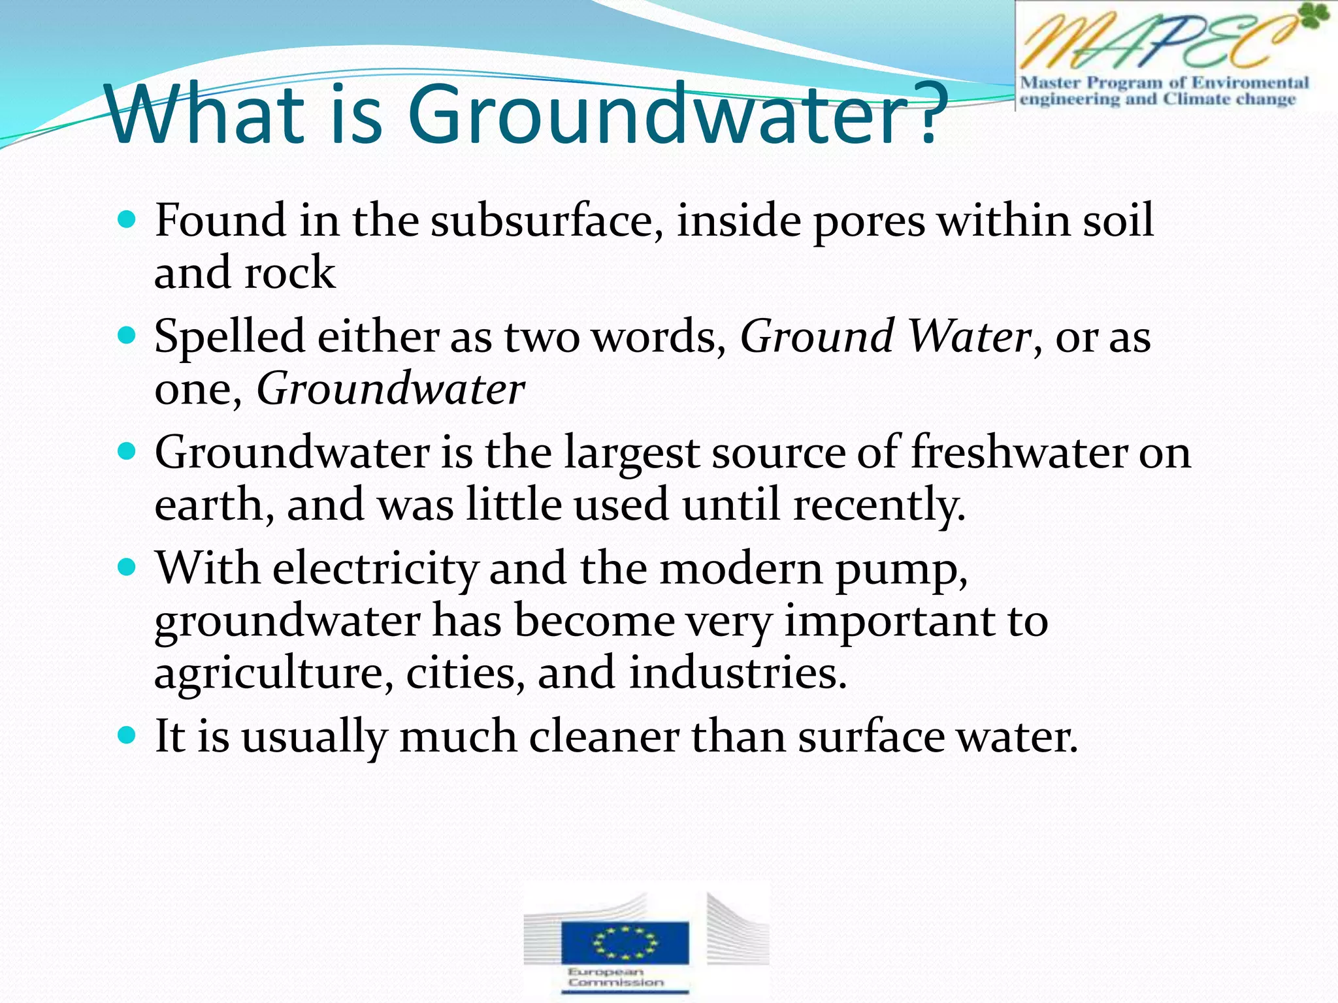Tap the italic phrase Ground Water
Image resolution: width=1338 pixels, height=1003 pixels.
[x=885, y=337]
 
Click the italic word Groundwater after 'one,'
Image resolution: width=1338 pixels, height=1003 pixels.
[x=390, y=389]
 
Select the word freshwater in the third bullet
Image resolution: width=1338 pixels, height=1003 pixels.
[x=1019, y=452]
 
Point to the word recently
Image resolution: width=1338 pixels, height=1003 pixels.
[x=879, y=505]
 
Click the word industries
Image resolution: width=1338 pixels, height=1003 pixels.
[x=738, y=673]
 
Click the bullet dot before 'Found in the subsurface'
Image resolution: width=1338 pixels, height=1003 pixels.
[x=127, y=219]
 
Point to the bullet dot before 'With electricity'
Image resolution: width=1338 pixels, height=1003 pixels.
[x=127, y=567]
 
